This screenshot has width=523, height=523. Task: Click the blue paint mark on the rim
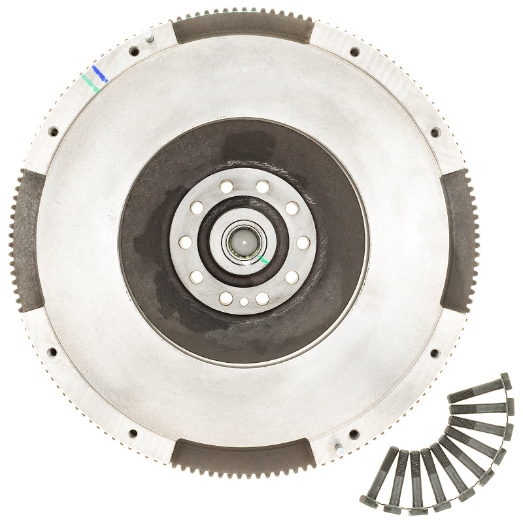pos(99,73)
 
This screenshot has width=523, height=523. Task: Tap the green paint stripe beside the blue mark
pos(90,83)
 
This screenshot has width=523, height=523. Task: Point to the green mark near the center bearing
pos(263,260)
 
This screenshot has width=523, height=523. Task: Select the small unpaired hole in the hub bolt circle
pos(244,302)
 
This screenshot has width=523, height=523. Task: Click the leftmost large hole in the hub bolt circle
pos(185,243)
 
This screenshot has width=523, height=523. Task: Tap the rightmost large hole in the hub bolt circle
pos(303,243)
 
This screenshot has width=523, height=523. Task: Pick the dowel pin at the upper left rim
pos(149,38)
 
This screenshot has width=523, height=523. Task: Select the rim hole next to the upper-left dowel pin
pos(134,51)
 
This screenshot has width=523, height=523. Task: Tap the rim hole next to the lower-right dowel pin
pos(354,434)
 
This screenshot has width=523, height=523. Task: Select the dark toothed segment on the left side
pos(27,241)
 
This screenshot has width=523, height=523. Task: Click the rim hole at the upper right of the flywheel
pos(354,52)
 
